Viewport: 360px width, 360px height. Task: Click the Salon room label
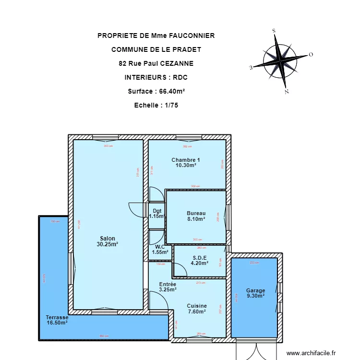(x=107, y=238)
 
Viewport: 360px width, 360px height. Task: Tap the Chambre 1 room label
(x=185, y=160)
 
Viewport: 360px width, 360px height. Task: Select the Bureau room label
(x=196, y=213)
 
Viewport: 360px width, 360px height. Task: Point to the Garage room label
(x=255, y=290)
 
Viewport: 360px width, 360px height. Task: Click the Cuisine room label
(x=197, y=306)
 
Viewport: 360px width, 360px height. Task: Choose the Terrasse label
(x=57, y=317)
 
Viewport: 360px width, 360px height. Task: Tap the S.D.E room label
(x=199, y=257)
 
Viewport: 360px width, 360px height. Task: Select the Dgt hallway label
(x=157, y=210)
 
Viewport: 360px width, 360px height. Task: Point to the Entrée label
(x=168, y=284)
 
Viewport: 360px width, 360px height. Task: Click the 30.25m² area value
(x=107, y=244)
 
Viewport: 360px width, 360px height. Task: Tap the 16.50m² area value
(x=57, y=323)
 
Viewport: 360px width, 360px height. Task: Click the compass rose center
(x=280, y=60)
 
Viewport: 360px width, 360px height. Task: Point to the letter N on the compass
(x=286, y=91)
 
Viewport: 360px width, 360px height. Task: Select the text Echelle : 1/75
(x=156, y=105)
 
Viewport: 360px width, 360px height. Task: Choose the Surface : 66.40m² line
(x=156, y=91)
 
